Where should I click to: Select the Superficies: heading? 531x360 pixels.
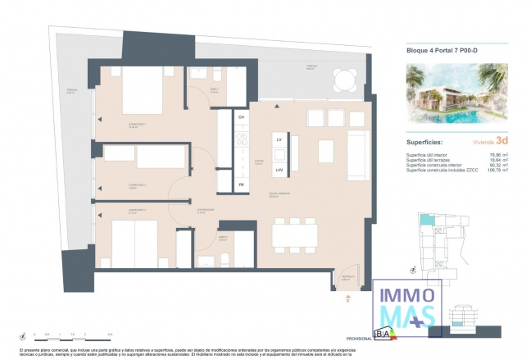426,141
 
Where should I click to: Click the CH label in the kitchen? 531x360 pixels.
241,118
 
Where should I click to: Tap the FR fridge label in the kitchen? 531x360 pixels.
241,185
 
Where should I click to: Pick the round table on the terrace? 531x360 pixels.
343,80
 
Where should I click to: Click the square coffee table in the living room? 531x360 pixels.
325,150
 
